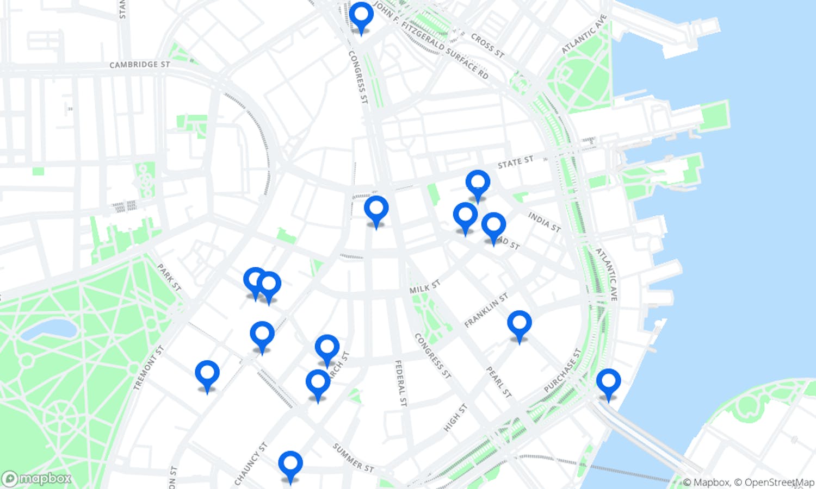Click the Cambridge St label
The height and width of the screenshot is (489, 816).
(139, 65)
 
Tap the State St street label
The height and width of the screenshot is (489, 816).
(515, 162)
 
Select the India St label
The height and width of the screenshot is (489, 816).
(544, 222)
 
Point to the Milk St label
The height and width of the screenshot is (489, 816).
(424, 287)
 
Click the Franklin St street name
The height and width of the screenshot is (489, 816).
(486, 310)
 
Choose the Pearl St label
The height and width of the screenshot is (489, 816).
(499, 382)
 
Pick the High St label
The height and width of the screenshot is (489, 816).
(455, 417)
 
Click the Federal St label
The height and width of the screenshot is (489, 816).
(400, 383)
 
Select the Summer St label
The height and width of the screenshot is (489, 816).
(353, 457)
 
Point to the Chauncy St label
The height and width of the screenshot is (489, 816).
(251, 463)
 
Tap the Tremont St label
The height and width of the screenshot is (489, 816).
(149, 368)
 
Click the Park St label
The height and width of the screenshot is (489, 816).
(169, 277)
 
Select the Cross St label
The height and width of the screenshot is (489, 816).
(487, 46)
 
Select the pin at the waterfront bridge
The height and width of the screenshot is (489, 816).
(608, 381)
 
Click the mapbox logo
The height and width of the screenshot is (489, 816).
(37, 479)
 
